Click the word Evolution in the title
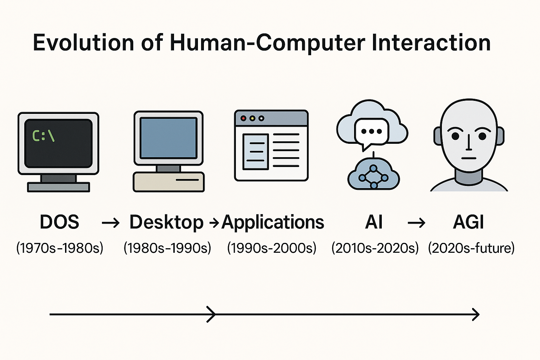point(83,43)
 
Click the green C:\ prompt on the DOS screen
point(43,136)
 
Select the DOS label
point(59,222)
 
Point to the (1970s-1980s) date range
point(60,248)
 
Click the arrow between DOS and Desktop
point(110,223)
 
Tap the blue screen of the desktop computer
point(168,138)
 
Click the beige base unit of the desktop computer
point(168,182)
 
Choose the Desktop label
point(166,223)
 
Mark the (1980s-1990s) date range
point(167,248)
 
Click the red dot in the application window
point(243,118)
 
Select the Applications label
point(273,223)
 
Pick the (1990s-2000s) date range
point(272,248)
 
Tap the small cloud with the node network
point(373,175)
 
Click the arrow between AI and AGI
point(417,223)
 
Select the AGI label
point(469,222)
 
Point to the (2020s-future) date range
point(471,248)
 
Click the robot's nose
point(469,142)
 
